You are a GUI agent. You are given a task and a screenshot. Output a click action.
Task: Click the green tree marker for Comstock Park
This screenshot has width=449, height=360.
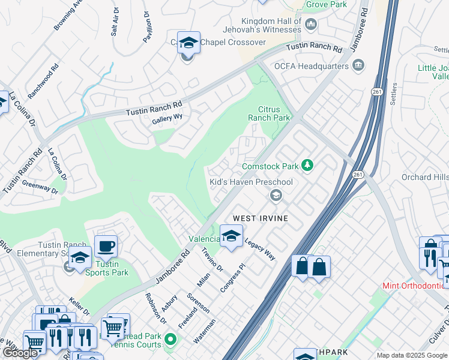(x=307, y=165)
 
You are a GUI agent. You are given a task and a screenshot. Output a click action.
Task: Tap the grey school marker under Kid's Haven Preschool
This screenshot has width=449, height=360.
(x=276, y=194)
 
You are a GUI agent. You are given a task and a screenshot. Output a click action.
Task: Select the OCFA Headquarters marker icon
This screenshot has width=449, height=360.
(x=359, y=65)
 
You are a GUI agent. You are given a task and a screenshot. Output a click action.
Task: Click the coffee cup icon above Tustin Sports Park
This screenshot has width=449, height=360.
(x=106, y=246)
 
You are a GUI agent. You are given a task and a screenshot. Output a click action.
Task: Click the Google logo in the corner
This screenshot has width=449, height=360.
(x=20, y=353)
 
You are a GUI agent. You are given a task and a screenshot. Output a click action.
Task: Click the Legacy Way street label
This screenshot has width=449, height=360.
(x=260, y=248)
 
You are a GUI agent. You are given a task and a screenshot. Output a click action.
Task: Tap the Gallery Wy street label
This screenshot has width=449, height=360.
(x=167, y=118)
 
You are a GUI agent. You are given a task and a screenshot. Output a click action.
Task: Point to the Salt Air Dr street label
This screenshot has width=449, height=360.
(x=114, y=22)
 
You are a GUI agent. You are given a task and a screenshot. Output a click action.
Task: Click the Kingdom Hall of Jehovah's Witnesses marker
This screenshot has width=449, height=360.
(x=310, y=24)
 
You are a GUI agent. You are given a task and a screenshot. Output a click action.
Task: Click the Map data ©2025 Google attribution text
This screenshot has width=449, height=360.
(x=411, y=355)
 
